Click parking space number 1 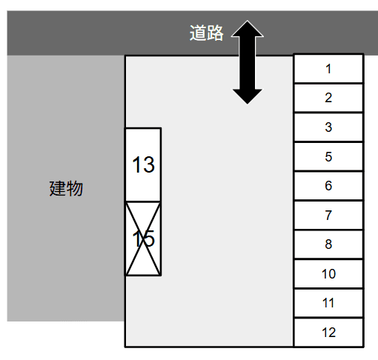click(328, 68)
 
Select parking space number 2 click(328, 98)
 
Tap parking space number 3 click(328, 127)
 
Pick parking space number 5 click(328, 156)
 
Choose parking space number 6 click(328, 186)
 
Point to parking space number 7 click(328, 215)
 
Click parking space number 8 click(328, 244)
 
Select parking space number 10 click(328, 273)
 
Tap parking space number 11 click(328, 303)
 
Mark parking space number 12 click(328, 333)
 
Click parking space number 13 click(143, 164)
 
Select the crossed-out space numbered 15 click(143, 239)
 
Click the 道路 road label click(207, 33)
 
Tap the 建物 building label click(66, 188)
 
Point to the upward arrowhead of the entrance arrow click(248, 29)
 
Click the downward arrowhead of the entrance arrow click(248, 96)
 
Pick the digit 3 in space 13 click(149, 164)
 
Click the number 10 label click(328, 274)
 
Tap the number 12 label click(328, 333)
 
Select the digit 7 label click(328, 216)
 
